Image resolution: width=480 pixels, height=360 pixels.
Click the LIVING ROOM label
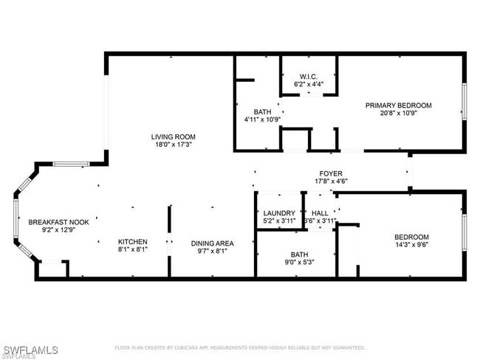coord(173,136)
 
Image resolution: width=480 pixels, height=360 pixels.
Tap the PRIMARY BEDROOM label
coord(399,105)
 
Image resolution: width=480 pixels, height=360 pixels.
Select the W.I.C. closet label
coord(309,77)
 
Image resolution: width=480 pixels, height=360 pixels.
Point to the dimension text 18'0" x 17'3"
coord(173,145)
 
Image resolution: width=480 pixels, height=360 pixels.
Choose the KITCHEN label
coord(133,242)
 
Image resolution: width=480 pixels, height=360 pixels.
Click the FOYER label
coord(331,172)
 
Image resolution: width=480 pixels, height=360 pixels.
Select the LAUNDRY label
coord(279,212)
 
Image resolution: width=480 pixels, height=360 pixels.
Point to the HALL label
coord(320,212)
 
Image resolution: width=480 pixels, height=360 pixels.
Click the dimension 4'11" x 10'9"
coord(262,120)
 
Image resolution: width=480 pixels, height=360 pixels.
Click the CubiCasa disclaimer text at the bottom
coord(239,347)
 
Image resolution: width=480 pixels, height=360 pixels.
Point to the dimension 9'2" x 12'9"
coord(52,230)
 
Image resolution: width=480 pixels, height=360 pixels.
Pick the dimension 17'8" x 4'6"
coord(331,181)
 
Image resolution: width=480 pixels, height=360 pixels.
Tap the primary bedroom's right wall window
coord(464,100)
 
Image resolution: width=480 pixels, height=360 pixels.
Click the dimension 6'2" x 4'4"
coord(309,85)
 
